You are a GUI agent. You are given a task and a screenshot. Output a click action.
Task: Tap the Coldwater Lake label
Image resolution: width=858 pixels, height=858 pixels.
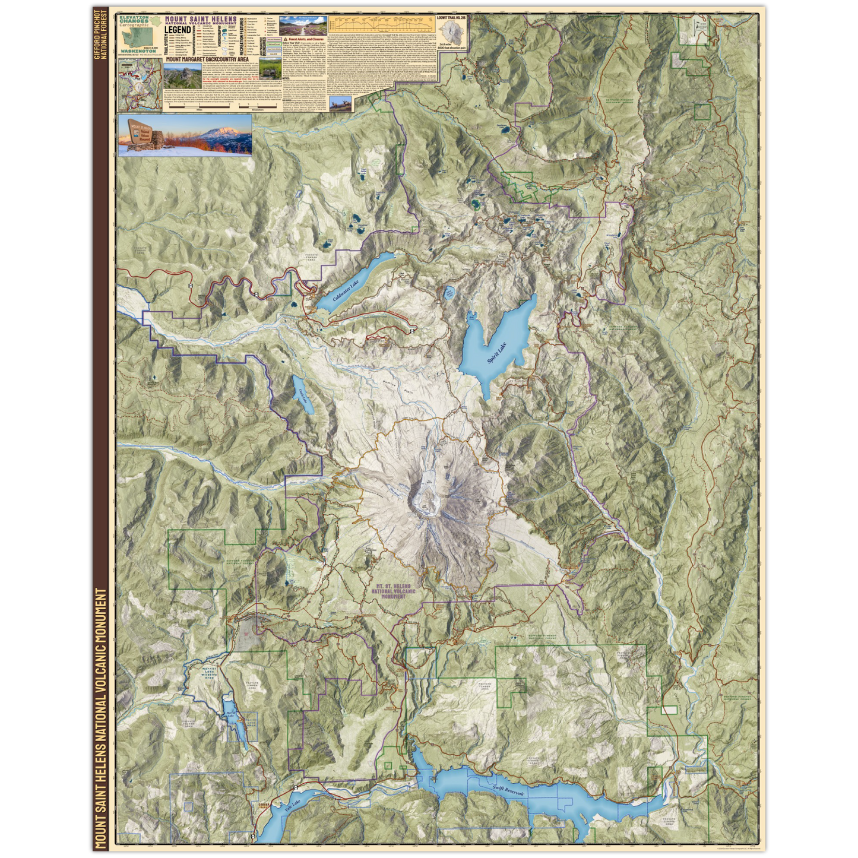tap(346, 290)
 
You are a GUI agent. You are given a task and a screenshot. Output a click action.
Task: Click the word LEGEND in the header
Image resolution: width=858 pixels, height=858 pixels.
tap(178, 30)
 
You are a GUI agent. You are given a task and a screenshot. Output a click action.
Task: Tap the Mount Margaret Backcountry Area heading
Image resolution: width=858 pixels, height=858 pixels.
tap(206, 59)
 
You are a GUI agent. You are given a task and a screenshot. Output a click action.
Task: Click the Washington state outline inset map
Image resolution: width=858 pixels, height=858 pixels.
tap(138, 39)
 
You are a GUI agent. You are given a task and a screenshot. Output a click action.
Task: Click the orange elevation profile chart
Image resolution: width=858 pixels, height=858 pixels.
tap(381, 24)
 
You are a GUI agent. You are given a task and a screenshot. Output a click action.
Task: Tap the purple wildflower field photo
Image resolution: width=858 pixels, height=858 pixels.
tap(302, 26)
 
